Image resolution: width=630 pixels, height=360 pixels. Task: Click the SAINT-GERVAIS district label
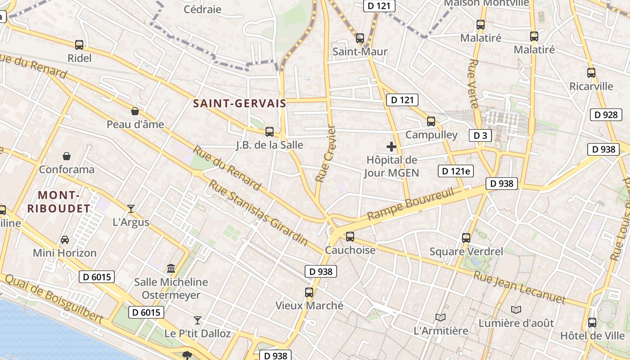[239, 103]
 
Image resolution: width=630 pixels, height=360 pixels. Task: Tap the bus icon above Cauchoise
[350, 236]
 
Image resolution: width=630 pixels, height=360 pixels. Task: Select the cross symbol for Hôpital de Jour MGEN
[391, 146]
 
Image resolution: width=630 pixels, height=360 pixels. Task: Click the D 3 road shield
[480, 135]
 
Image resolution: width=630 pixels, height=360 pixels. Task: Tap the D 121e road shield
[455, 171]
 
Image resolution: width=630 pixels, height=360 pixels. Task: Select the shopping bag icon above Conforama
[67, 156]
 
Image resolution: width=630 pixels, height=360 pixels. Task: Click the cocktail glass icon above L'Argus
[131, 208]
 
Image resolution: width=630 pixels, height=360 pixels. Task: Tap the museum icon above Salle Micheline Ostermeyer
[171, 269]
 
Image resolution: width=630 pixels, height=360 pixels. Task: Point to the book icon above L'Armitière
[441, 317]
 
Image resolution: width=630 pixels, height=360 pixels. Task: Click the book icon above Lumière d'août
[516, 310]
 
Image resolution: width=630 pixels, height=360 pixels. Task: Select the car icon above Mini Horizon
[65, 239]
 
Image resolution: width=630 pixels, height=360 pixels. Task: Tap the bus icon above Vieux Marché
[309, 292]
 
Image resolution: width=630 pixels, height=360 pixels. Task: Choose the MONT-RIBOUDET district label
[59, 202]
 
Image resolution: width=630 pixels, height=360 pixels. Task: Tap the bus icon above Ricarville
[591, 73]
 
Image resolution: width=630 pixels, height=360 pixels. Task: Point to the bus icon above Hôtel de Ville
[592, 322]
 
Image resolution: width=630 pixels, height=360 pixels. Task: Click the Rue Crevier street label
[326, 154]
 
